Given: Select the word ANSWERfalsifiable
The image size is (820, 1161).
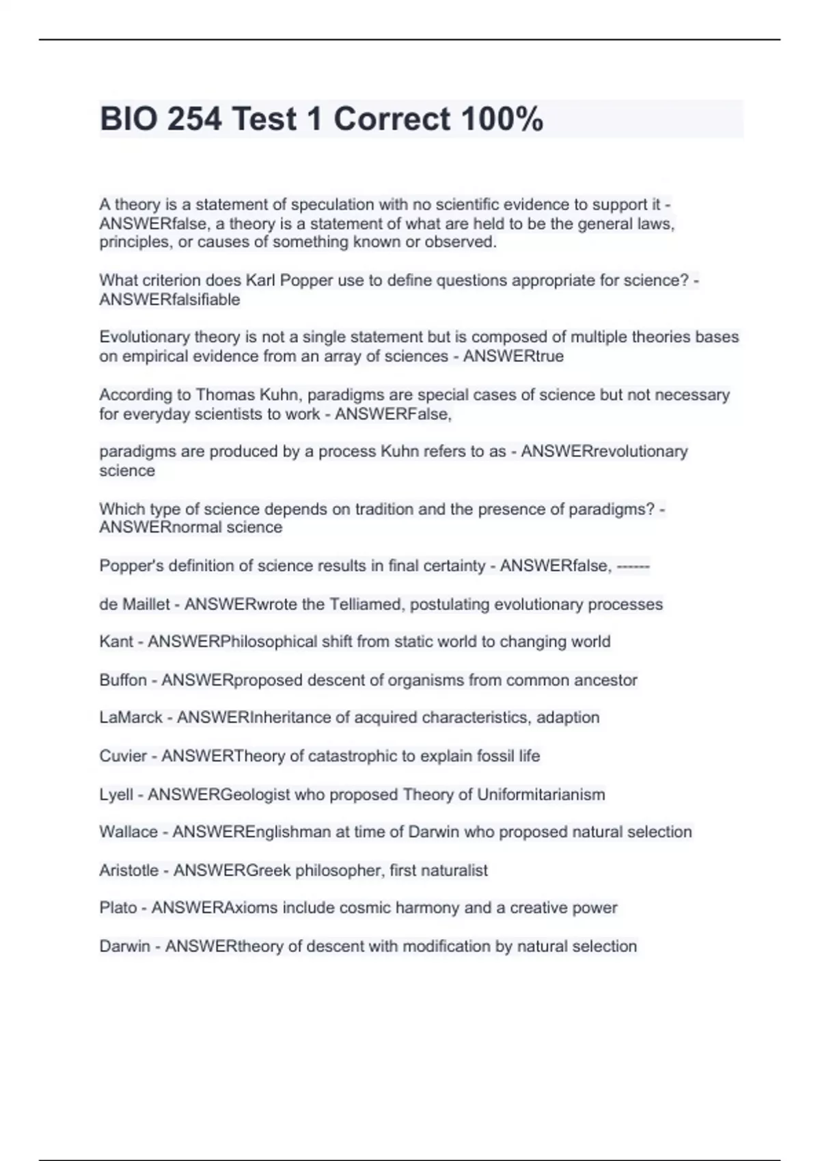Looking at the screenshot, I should [x=169, y=300].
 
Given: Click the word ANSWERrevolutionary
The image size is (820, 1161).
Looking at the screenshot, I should [x=604, y=451].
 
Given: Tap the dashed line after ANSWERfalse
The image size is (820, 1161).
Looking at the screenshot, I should [x=633, y=566].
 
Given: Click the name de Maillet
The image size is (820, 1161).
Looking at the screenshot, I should [x=134, y=604].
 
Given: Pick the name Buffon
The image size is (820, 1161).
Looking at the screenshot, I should [x=123, y=680].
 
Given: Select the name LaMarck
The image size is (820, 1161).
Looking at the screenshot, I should [x=131, y=718].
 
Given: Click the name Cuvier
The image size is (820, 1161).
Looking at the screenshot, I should [x=123, y=756].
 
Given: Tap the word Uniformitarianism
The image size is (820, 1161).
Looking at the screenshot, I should [x=541, y=795].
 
